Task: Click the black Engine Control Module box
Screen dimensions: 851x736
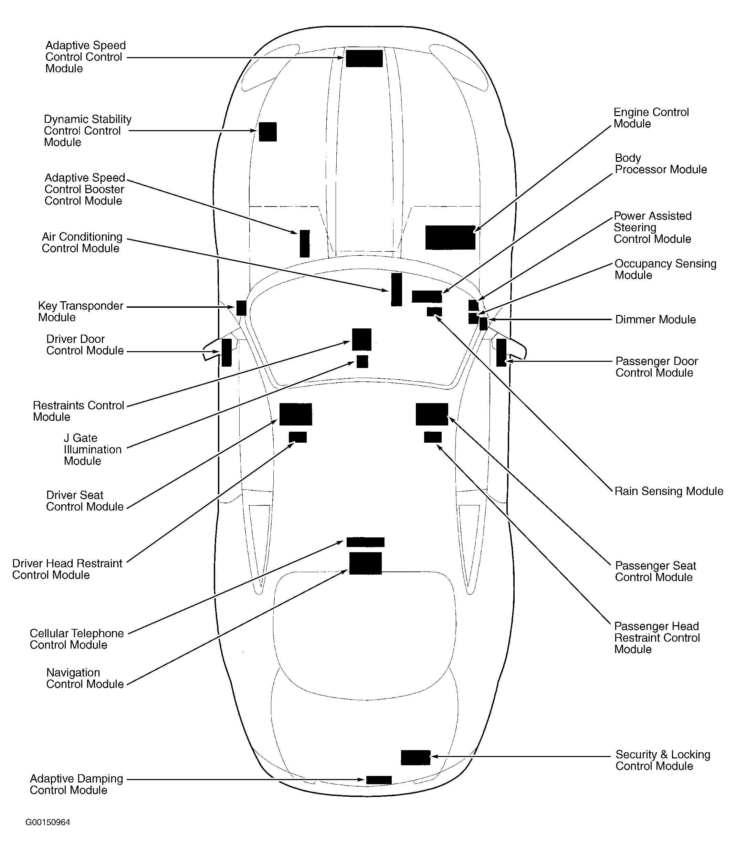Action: click(450, 238)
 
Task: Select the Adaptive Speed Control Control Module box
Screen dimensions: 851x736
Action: click(364, 58)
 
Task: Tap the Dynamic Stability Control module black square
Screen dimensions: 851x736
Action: click(267, 132)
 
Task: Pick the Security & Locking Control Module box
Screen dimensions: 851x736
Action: click(415, 757)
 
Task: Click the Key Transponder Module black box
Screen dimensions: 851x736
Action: click(241, 308)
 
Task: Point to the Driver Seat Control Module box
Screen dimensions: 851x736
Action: click(295, 414)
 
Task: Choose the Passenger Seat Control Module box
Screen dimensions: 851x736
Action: click(432, 414)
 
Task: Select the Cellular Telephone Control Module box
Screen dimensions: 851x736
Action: click(365, 542)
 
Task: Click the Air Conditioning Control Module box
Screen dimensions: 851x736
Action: click(396, 290)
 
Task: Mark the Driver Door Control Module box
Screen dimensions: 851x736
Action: click(226, 353)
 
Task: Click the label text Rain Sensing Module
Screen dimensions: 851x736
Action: click(669, 491)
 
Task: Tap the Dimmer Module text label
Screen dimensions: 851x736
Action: click(655, 319)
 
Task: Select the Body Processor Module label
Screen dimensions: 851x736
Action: click(660, 164)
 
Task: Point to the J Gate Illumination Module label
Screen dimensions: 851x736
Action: click(92, 449)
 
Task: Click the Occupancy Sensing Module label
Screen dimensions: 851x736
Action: click(665, 270)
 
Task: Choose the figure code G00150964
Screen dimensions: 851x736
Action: click(48, 822)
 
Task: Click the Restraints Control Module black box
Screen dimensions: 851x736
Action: click(361, 339)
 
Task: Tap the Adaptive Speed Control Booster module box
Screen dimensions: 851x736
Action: click(304, 243)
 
